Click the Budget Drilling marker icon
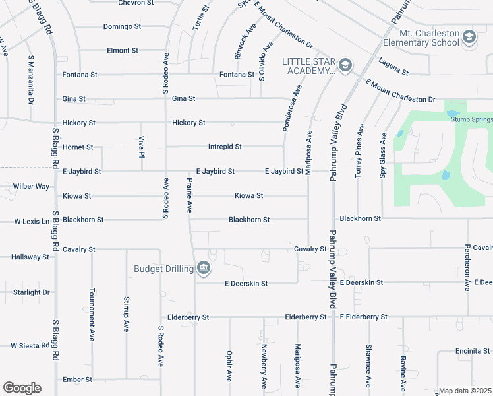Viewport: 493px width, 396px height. [204, 268]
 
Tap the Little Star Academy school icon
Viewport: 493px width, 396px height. [345, 65]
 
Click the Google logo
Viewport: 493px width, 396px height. [22, 388]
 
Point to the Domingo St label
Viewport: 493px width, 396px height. [122, 27]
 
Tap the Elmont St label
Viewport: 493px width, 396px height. [122, 50]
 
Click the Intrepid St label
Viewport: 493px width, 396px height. [225, 147]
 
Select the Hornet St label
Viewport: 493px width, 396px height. [77, 147]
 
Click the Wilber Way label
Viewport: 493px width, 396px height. [31, 187]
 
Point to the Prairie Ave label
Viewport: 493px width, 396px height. [189, 195]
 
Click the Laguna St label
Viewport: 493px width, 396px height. [393, 67]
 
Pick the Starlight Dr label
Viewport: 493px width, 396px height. [32, 292]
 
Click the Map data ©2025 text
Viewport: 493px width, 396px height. [465, 391]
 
